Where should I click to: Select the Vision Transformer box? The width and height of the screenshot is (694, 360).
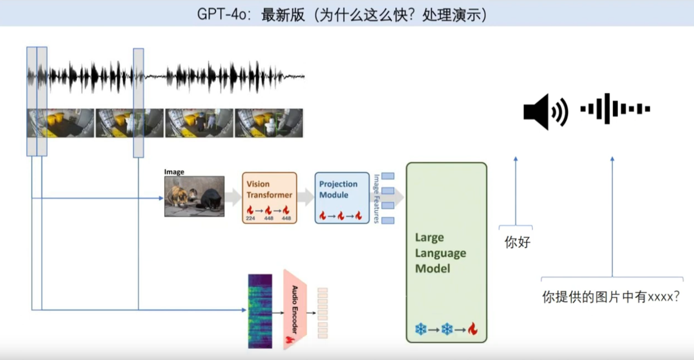click(270, 198)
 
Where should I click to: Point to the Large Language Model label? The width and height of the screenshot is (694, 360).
click(441, 253)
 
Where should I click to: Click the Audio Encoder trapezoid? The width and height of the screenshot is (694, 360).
click(295, 309)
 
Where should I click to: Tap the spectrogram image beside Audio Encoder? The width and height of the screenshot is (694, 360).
click(260, 311)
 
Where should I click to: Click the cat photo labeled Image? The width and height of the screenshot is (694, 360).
click(194, 196)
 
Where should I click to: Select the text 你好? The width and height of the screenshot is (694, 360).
click(517, 243)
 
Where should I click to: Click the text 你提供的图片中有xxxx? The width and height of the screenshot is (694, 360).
click(612, 297)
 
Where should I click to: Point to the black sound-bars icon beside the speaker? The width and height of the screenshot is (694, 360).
click(615, 108)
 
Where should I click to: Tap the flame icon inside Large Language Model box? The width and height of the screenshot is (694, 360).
click(472, 329)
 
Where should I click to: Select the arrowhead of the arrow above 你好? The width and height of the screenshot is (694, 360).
click(516, 160)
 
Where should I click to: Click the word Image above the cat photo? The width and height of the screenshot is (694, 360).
click(174, 172)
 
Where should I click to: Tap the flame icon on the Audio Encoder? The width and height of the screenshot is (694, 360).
click(290, 340)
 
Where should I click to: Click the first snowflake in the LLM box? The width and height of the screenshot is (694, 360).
click(420, 329)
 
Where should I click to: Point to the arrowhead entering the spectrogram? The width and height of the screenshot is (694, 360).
click(244, 310)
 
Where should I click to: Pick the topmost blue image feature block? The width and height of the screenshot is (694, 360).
click(388, 176)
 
